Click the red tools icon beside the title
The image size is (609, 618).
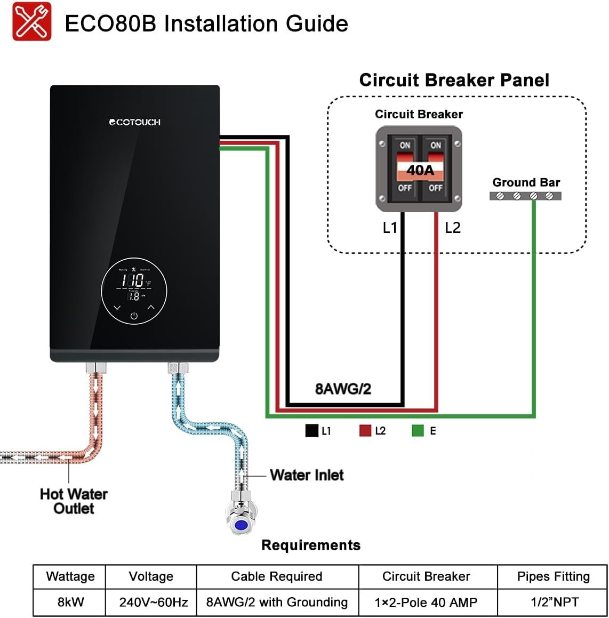coord(32,22)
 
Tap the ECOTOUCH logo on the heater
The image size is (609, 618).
coord(134,122)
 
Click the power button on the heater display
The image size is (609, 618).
coord(134,316)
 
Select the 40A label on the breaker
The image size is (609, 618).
coord(420,170)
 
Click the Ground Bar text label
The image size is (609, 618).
coord(526,182)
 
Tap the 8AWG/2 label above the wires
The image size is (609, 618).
coord(343,389)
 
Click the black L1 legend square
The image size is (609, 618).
coord(311,430)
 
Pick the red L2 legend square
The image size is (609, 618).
coord(365,430)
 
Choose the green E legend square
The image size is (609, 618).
coord(418,430)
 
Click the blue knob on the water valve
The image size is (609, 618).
coord(241,525)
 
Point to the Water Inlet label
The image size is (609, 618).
coord(307,475)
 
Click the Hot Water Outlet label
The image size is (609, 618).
coord(74,501)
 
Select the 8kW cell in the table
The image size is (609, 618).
coord(70,602)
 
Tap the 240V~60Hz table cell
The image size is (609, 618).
coord(154,602)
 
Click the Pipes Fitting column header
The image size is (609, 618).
coord(554,576)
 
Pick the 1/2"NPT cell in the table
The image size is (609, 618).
coord(555,602)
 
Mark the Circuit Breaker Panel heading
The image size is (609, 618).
coord(454,80)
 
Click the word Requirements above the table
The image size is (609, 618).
coord(311,545)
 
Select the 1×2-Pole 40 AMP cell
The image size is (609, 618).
coord(426,602)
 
